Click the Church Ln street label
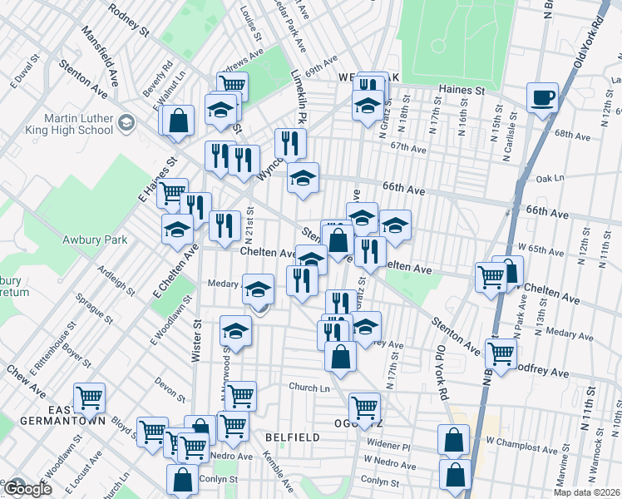(x=309, y=388)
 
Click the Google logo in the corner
(x=27, y=489)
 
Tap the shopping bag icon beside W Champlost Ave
(x=454, y=440)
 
